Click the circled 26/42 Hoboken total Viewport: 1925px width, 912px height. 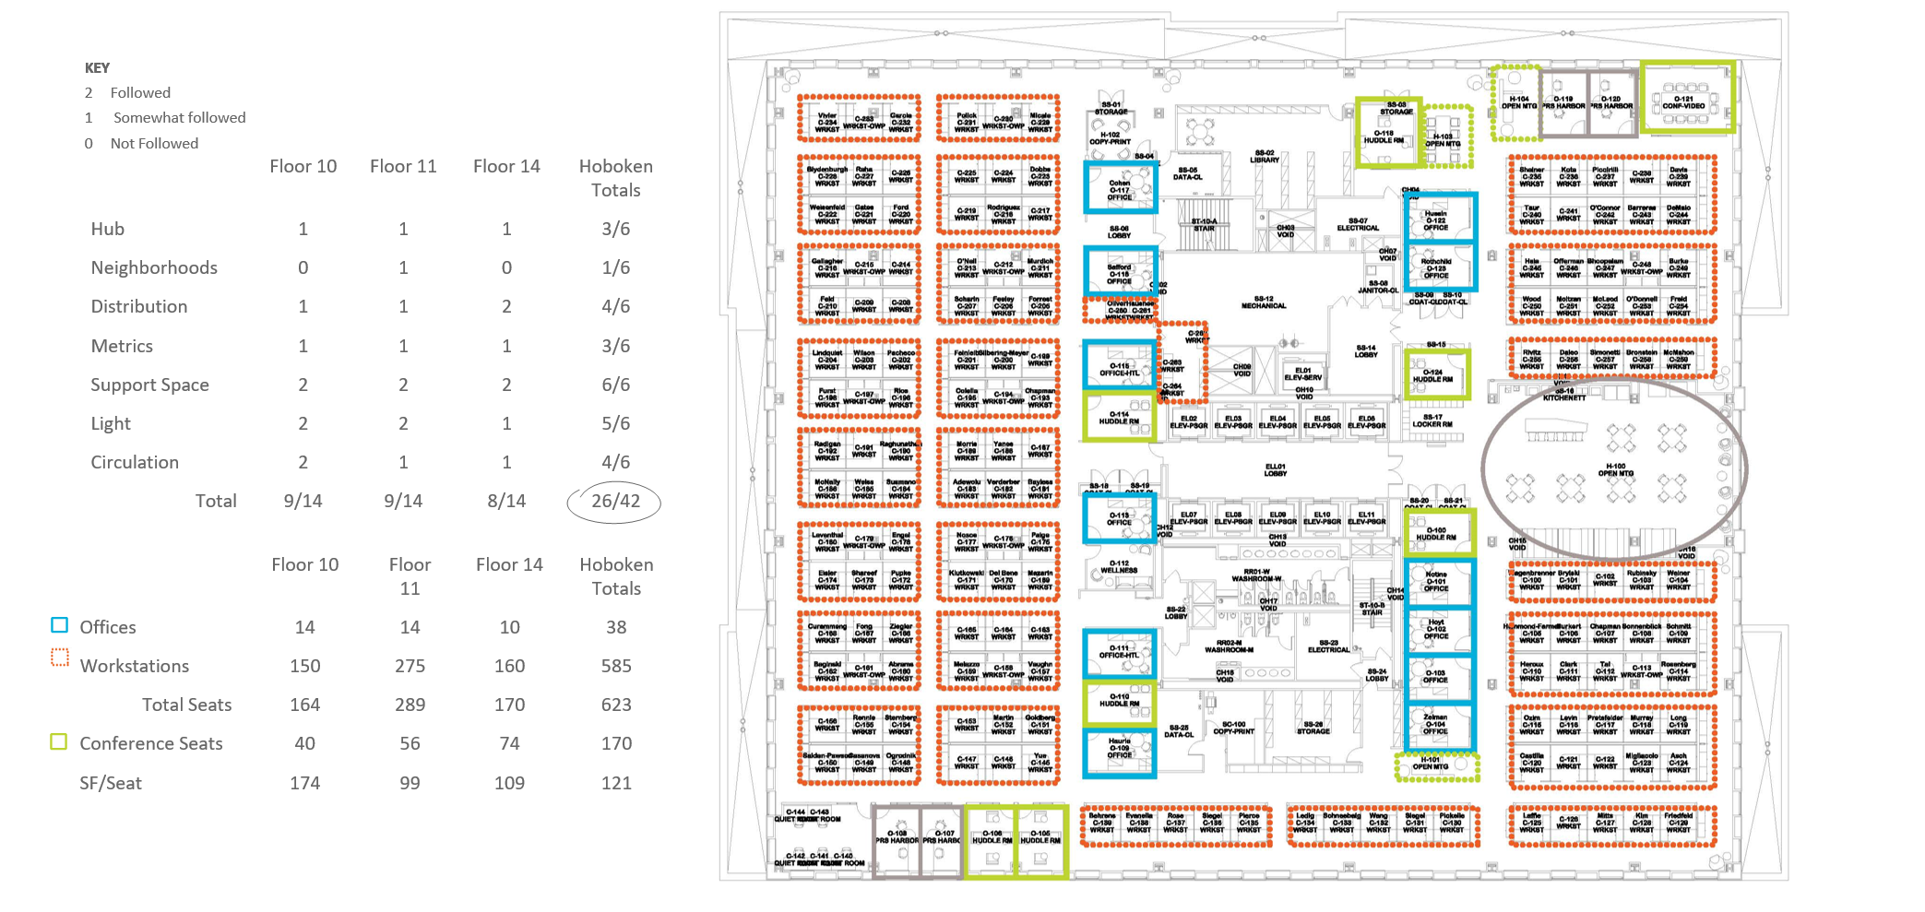pos(615,502)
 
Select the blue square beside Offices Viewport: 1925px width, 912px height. pos(60,625)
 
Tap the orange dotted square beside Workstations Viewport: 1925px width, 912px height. pos(60,657)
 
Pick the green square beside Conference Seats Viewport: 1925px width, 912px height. pos(59,742)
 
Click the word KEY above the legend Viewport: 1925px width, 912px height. pos(97,68)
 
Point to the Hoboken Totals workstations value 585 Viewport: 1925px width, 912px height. pos(616,666)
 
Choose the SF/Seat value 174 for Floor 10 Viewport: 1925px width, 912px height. pos(304,783)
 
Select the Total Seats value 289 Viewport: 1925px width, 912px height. pos(410,705)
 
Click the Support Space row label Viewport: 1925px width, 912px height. pos(149,385)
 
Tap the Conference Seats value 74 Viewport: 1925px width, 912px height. pos(509,743)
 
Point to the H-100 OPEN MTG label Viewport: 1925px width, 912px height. pos(1615,470)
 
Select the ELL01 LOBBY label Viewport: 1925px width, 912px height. pos(1276,470)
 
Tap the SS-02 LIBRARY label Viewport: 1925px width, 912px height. pos(1265,157)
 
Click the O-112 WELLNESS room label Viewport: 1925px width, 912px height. pos(1119,567)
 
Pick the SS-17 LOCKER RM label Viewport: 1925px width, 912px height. pos(1432,420)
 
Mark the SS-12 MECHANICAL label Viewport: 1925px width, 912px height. pos(1264,302)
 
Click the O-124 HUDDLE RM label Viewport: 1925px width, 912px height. pos(1432,375)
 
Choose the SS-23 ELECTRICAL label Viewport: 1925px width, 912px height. pos(1328,646)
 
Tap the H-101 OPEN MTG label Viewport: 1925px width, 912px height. pos(1431,764)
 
